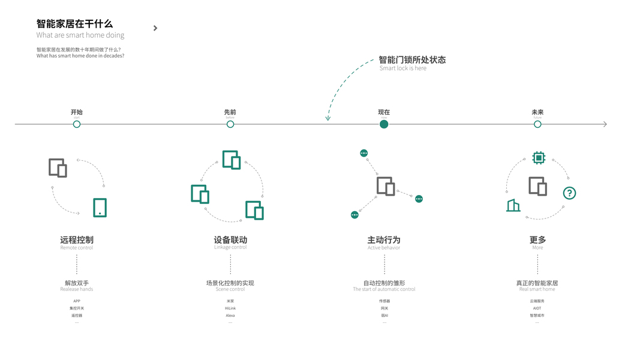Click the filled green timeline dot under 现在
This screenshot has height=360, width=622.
(384, 124)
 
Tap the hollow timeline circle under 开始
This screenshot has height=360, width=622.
(77, 124)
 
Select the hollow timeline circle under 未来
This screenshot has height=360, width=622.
(537, 124)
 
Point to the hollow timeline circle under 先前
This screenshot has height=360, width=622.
(230, 124)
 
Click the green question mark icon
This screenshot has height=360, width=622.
(569, 193)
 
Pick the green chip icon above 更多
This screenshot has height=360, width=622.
(539, 158)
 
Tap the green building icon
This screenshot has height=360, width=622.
(513, 205)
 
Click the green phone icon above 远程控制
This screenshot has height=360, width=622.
(100, 208)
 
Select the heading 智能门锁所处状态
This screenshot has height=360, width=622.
(412, 59)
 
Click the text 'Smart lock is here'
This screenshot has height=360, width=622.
(403, 68)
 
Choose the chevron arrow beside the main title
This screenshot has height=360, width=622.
(155, 28)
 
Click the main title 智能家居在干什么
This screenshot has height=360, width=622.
(74, 24)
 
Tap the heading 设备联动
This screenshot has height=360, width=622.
(230, 239)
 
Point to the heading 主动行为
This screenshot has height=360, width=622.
(384, 239)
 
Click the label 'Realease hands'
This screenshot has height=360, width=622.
(77, 289)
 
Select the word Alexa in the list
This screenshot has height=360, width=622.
(230, 316)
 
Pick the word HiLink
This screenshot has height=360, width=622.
(230, 308)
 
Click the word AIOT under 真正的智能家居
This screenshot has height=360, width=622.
(537, 308)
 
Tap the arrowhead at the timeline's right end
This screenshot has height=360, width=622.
(605, 124)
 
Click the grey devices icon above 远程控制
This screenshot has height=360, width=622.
(58, 168)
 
